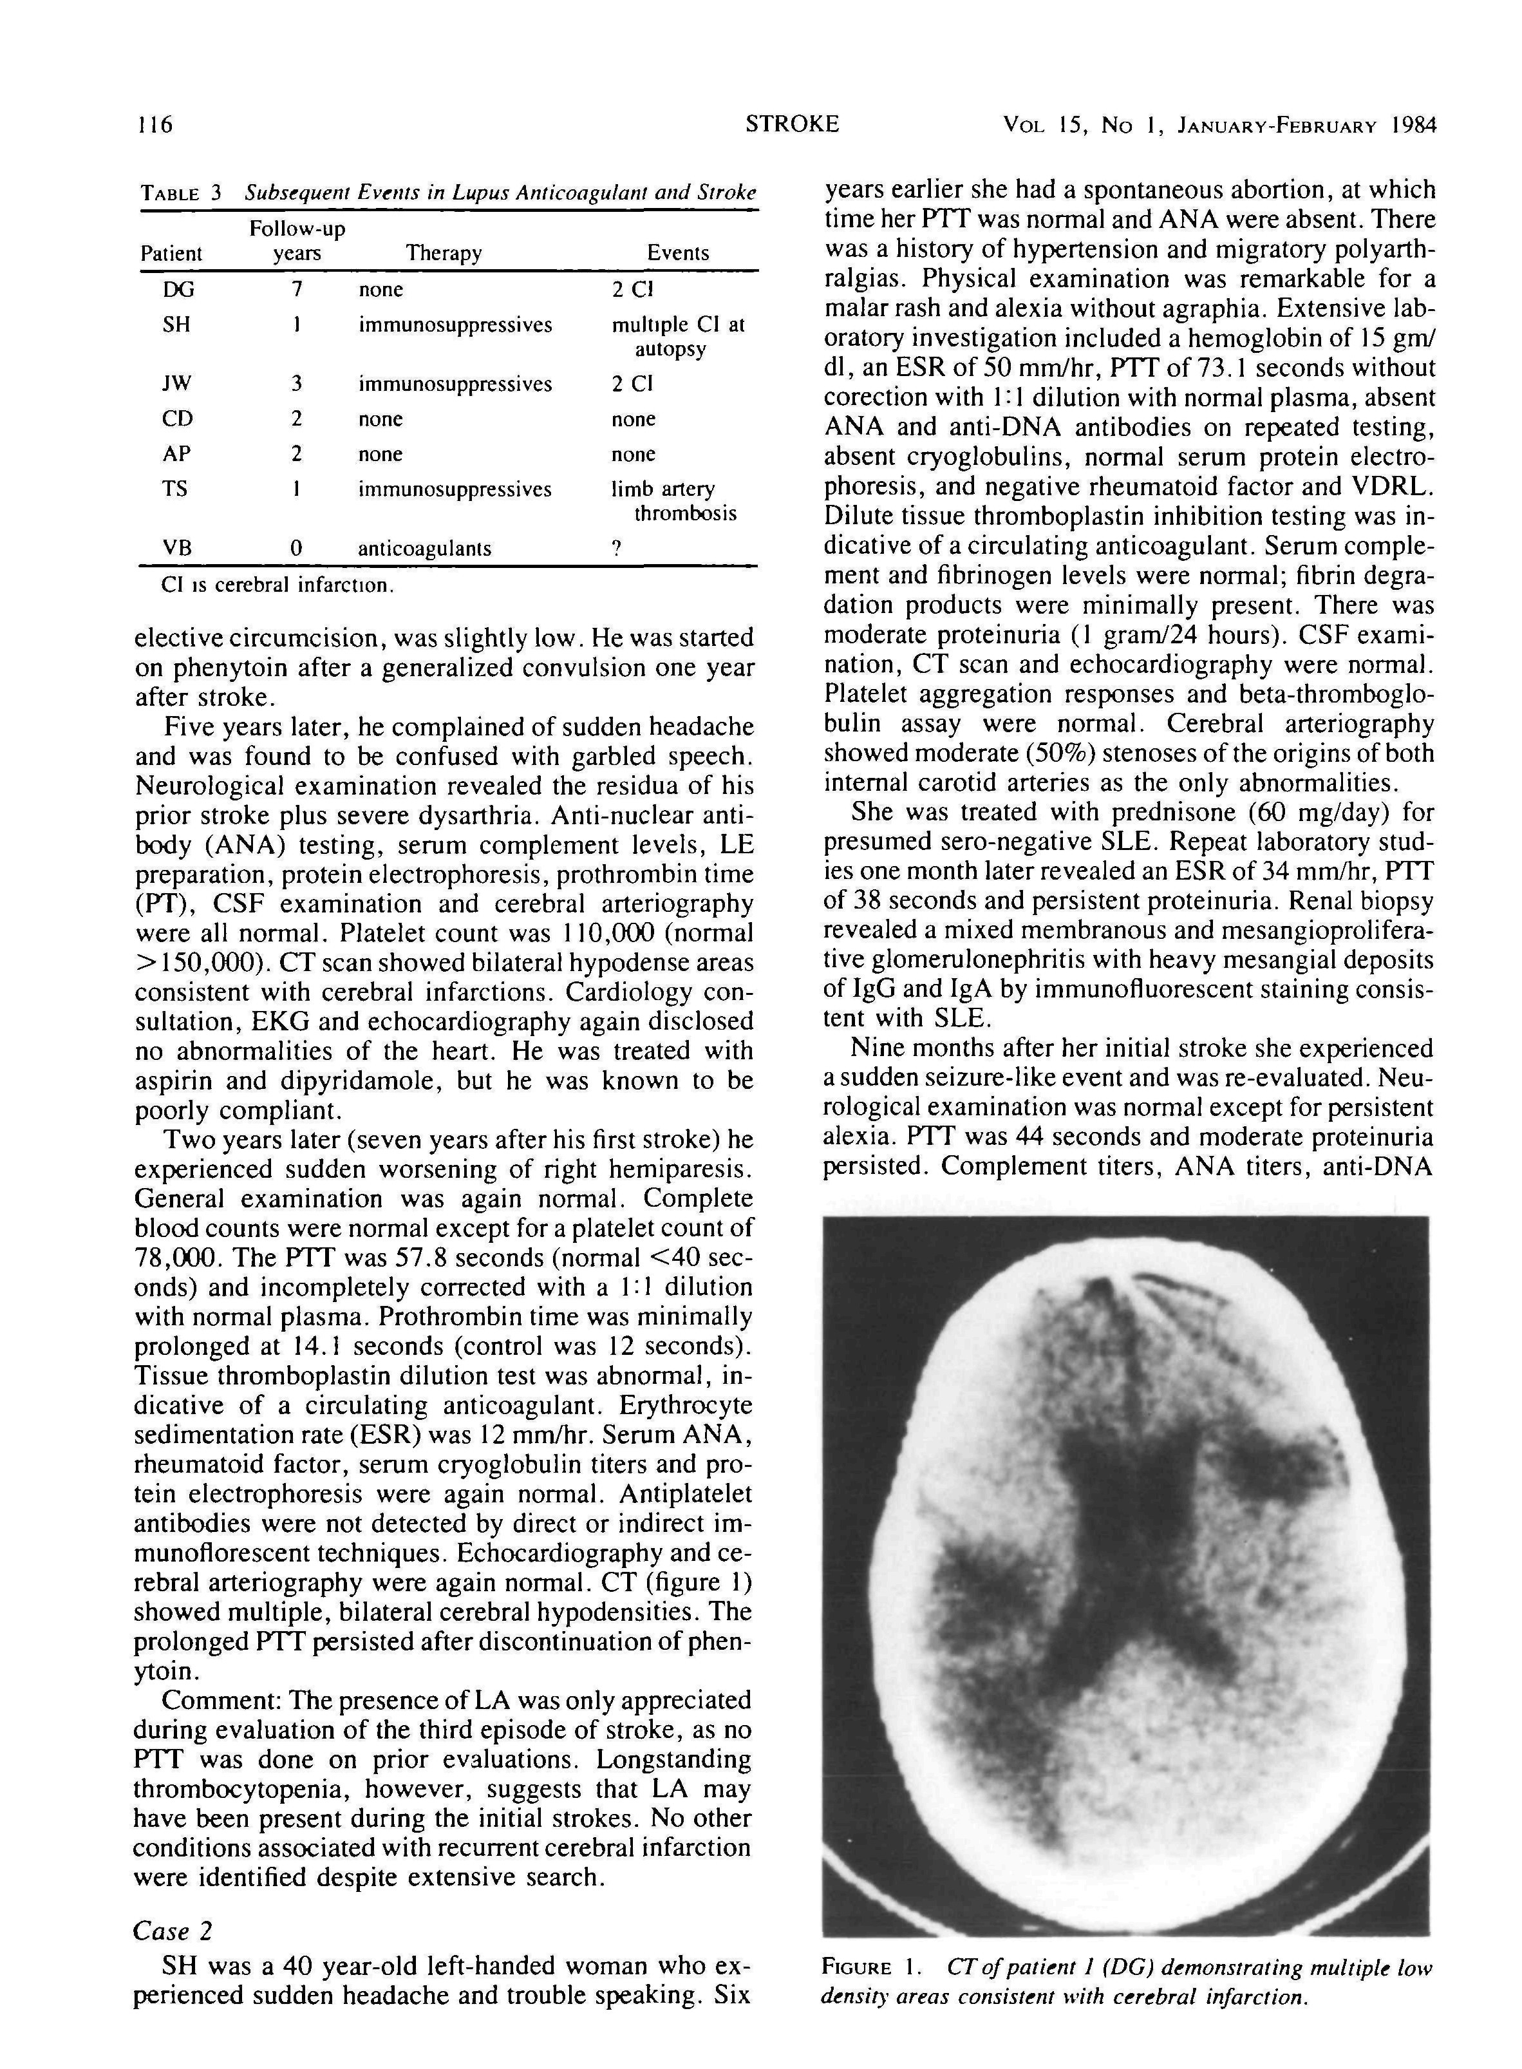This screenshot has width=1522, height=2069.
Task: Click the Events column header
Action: tap(678, 254)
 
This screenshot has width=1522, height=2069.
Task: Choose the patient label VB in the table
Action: tap(177, 549)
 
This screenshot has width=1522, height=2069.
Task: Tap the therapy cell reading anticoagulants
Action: tap(425, 549)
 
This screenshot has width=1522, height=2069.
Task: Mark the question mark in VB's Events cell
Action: tap(616, 549)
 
